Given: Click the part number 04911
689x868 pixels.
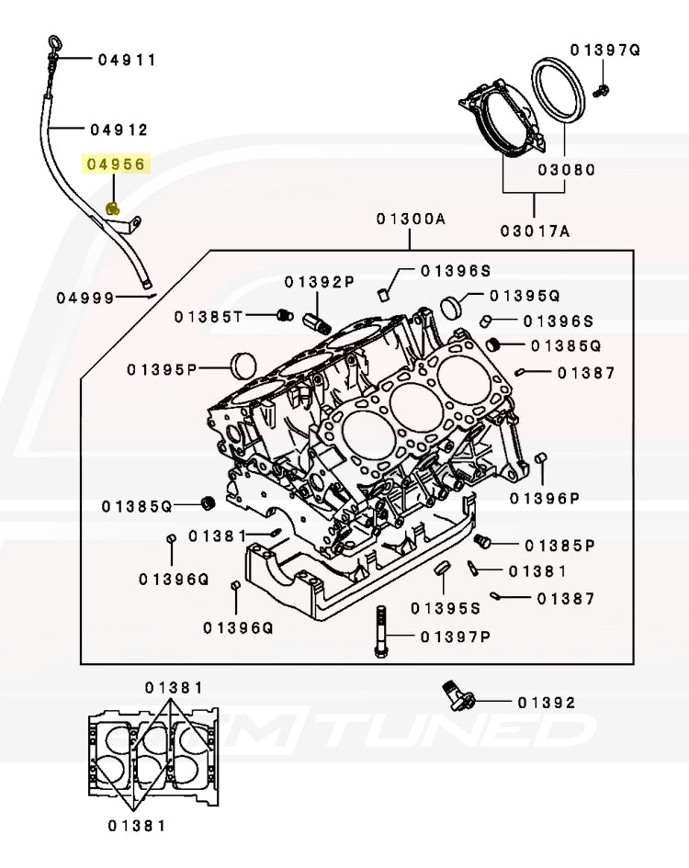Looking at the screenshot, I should pos(128,60).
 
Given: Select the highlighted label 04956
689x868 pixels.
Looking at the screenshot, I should pos(116,164).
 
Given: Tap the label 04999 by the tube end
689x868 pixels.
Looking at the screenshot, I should pos(85,298).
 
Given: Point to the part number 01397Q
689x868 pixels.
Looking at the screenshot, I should pos(604,50).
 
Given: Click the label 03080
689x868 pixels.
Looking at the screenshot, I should pos(566,170).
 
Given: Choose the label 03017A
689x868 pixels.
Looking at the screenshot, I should pos(535,231).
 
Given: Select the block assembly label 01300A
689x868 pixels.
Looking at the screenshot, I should pos(410,220).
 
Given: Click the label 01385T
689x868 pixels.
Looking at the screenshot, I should pos(209,317).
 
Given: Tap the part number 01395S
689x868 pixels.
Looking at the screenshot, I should pos(445,608).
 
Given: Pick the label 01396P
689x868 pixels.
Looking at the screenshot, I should pos(545,498).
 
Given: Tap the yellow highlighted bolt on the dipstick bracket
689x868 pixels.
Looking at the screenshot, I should pos(112,209).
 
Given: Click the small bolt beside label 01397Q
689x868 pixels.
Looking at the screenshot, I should pos(602,89).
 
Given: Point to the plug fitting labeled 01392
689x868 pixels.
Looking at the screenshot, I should pos(455,693).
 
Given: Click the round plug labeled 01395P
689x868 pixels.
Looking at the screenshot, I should pos(243,365).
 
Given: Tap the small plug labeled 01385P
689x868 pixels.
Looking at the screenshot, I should pos(484,539).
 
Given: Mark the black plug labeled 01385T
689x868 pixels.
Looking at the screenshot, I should pos(284,316).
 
